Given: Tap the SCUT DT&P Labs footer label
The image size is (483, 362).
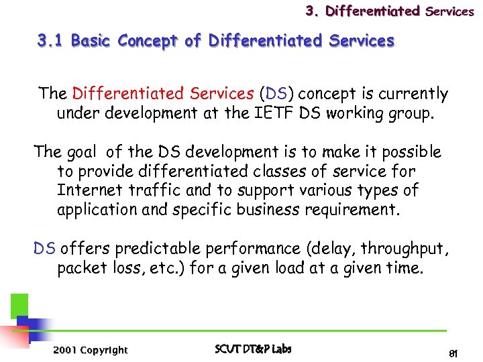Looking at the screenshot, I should [253, 349].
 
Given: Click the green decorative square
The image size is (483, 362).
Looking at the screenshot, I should [19, 306].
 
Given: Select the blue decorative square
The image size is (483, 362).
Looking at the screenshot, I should [27, 325].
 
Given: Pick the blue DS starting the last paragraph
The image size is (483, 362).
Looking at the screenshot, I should [45, 249].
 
